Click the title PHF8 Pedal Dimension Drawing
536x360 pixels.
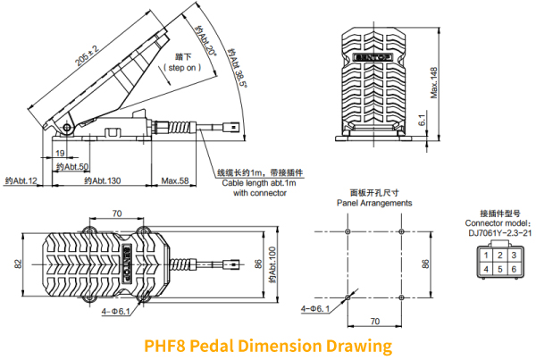click(268, 345)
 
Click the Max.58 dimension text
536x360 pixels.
click(176, 181)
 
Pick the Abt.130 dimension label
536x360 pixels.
click(102, 181)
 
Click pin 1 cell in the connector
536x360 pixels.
click(484, 256)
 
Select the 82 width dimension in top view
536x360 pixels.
click(17, 264)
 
